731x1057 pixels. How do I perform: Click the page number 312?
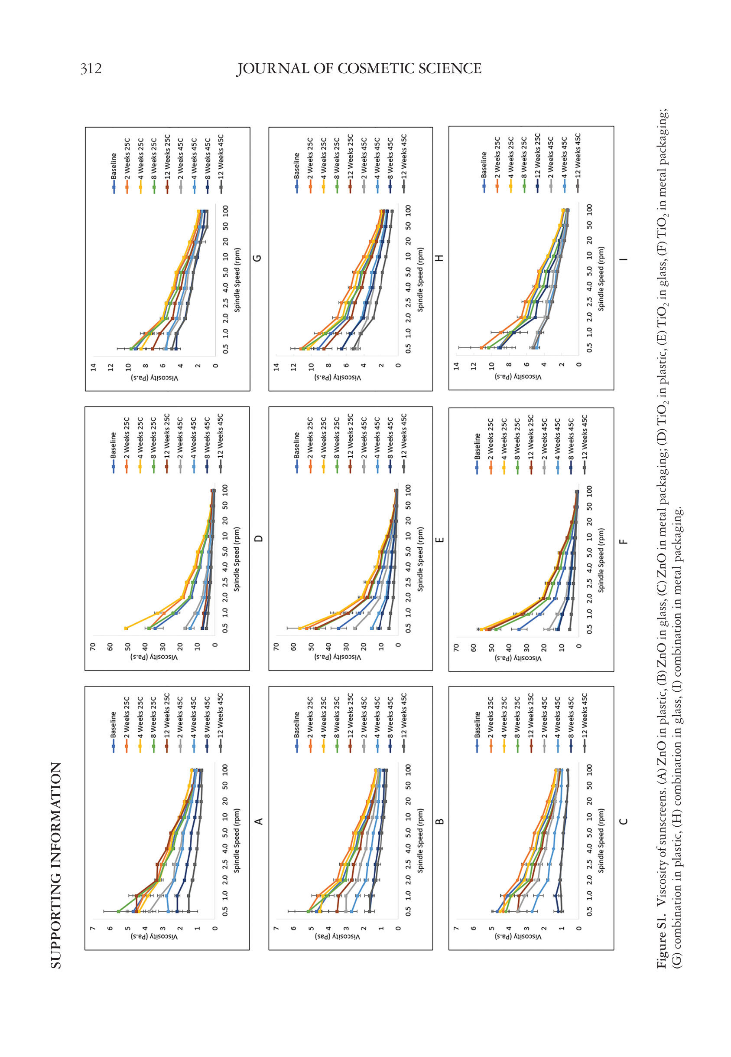point(91,69)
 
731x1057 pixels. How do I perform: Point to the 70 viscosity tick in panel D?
point(93,646)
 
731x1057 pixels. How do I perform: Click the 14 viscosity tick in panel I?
point(456,366)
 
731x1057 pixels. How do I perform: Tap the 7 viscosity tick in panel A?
point(93,928)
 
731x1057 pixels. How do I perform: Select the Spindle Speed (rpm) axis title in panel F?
point(601,560)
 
